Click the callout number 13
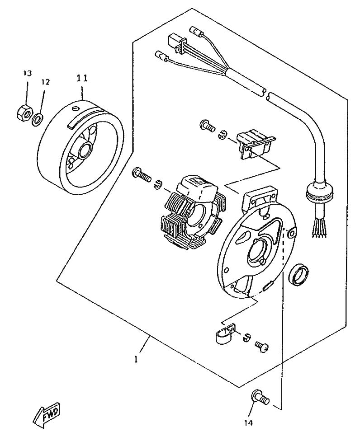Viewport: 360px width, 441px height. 27,73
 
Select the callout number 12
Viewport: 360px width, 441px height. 45,82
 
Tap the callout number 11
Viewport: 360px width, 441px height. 82,78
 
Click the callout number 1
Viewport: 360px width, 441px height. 136,359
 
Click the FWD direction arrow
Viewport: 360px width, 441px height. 47,415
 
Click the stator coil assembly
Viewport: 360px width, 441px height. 190,211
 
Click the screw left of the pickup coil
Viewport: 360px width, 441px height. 208,126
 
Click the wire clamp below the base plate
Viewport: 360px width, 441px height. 225,334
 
